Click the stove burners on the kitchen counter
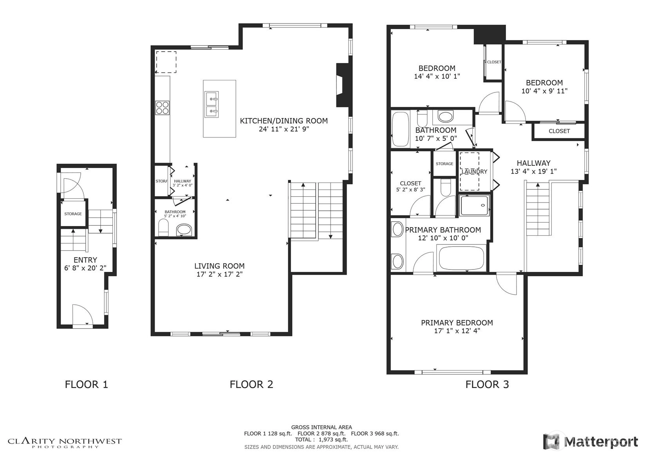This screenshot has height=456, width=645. coord(163,108)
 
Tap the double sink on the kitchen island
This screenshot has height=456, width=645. coord(211,105)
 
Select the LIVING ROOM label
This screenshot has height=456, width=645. coord(219,266)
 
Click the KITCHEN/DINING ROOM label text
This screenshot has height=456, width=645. coord(284,121)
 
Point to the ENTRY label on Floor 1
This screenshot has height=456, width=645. coord(85,260)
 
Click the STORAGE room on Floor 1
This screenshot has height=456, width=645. coord(73,214)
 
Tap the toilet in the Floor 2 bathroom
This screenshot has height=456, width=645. coord(163,228)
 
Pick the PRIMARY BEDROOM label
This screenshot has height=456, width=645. coord(457,323)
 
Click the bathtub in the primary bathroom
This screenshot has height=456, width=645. coord(461,258)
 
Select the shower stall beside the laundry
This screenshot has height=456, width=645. coord(474,205)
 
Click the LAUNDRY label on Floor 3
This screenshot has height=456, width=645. coord(474,172)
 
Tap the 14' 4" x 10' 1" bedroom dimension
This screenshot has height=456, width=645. coord(437,76)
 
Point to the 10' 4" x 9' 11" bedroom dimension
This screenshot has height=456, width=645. coord(544,91)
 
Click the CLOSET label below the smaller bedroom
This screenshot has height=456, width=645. coord(559,131)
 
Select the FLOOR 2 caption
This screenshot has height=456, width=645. coord(251,384)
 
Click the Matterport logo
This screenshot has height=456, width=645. coord(590,442)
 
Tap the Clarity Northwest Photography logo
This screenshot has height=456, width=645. coord(65,443)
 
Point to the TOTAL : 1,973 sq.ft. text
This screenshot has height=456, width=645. coord(322,440)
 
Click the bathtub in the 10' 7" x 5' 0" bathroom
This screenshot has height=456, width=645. coord(401,129)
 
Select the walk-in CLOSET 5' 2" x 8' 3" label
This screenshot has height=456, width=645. coord(410,186)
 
